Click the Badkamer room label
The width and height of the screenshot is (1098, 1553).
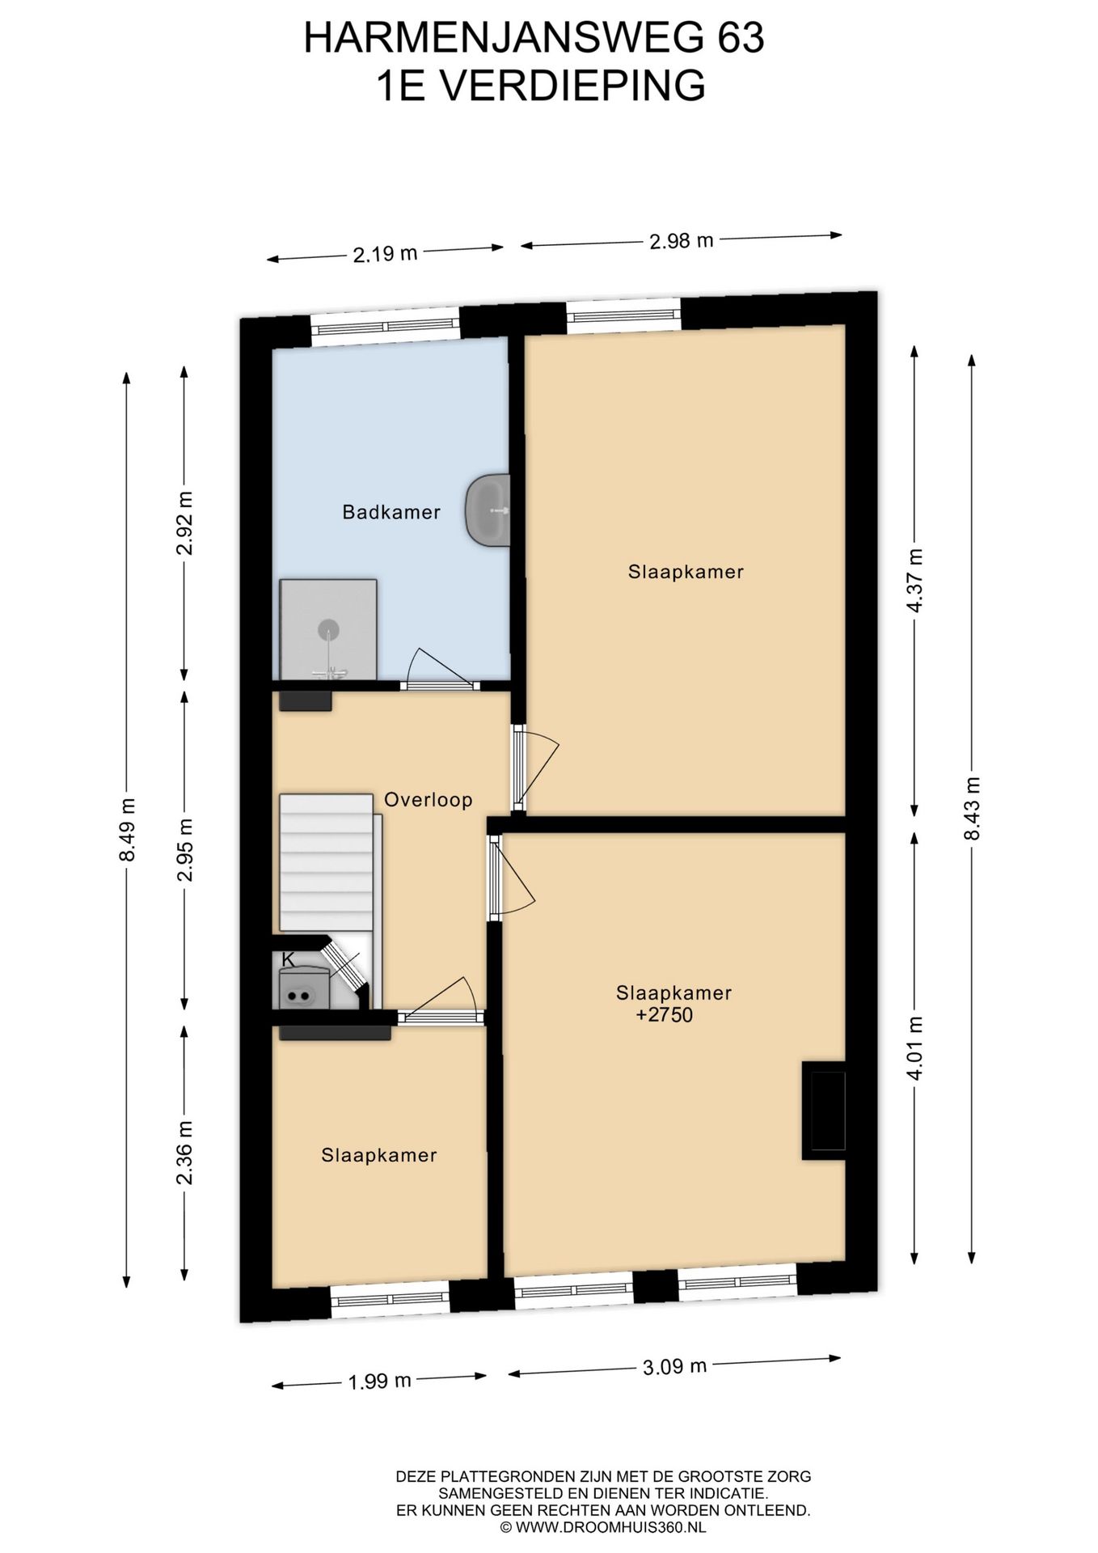(391, 512)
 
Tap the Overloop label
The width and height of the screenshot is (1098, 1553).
(428, 800)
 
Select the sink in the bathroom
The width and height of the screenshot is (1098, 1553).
(488, 510)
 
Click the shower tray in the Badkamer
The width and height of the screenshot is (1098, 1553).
(328, 629)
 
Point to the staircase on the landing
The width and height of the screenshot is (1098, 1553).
(327, 862)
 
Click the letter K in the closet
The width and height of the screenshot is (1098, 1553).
(288, 959)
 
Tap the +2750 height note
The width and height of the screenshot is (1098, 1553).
(665, 1015)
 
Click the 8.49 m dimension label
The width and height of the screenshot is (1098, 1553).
(127, 830)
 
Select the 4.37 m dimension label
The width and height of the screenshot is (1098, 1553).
(915, 581)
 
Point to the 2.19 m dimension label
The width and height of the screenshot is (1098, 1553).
(385, 254)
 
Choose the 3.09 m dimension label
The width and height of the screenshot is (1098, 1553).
(674, 1367)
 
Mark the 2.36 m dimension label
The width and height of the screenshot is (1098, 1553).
(185, 1153)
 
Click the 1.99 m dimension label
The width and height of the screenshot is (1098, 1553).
(380, 1381)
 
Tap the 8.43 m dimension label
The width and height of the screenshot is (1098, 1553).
(972, 808)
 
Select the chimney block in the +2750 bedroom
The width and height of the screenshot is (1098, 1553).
(824, 1110)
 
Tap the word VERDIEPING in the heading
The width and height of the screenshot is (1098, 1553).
(575, 86)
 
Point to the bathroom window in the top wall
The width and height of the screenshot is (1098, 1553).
(386, 327)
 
